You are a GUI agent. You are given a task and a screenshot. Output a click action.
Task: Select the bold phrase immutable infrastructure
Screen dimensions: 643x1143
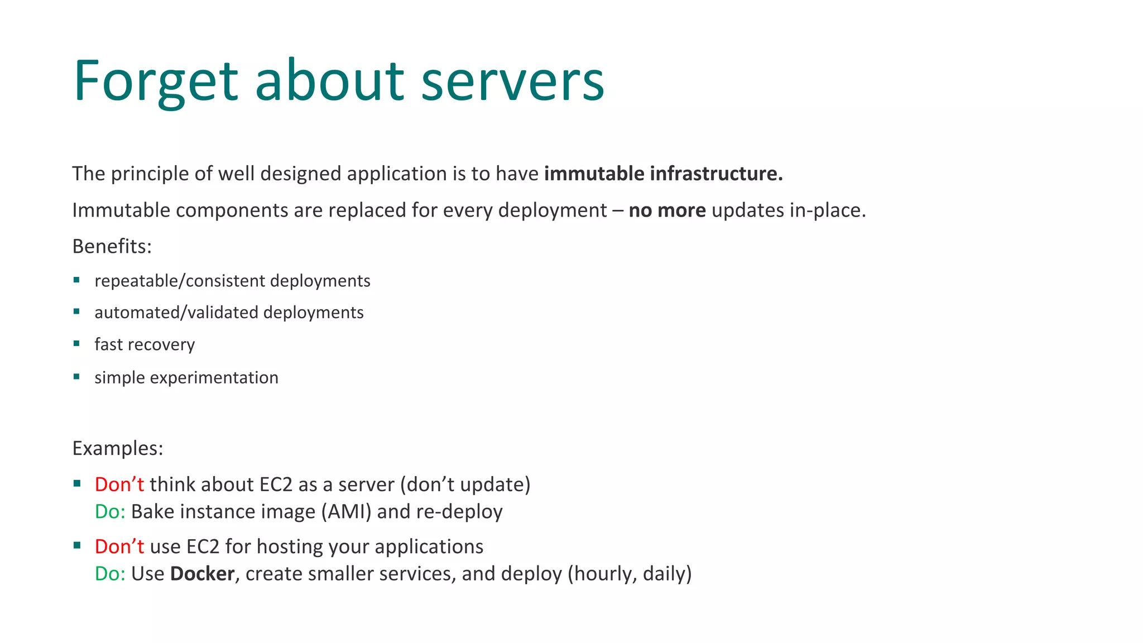coord(663,174)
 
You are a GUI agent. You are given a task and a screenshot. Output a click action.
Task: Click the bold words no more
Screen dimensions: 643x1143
coord(667,210)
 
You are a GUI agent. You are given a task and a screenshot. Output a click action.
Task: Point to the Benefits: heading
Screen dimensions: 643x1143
coord(112,246)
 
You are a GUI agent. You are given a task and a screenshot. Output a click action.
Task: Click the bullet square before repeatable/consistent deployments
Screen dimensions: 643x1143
coord(76,280)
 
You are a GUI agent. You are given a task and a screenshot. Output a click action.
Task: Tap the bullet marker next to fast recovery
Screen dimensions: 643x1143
coord(76,344)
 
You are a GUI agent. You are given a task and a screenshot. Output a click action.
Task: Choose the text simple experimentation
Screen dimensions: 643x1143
coord(186,378)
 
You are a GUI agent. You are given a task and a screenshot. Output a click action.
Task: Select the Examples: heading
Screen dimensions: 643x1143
coord(118,448)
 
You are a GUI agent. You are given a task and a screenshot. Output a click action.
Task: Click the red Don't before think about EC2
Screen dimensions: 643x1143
coord(119,484)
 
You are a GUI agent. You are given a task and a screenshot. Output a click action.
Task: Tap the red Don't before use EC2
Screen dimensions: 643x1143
coord(119,546)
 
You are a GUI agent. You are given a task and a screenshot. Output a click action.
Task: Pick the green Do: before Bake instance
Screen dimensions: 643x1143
coord(110,512)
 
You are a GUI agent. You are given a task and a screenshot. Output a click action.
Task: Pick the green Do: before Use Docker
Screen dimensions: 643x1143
coord(110,574)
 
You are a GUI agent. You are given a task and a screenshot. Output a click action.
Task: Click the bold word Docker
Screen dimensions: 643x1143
coord(202,574)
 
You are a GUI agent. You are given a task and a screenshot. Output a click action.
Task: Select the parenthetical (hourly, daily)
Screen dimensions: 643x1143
coord(630,574)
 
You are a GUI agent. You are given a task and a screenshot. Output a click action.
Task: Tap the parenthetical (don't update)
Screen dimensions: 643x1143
coord(465,484)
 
